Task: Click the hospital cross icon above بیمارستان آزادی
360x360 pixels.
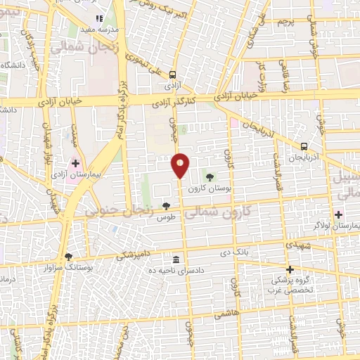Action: click(x=75, y=162)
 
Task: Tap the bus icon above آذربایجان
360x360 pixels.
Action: click(x=304, y=146)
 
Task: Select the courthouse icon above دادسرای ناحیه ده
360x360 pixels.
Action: click(x=175, y=259)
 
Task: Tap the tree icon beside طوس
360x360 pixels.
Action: click(x=167, y=206)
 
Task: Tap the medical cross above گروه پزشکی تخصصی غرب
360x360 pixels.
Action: click(x=289, y=269)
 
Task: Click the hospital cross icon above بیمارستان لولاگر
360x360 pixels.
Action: click(x=339, y=214)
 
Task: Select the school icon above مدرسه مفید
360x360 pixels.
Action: click(x=98, y=18)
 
